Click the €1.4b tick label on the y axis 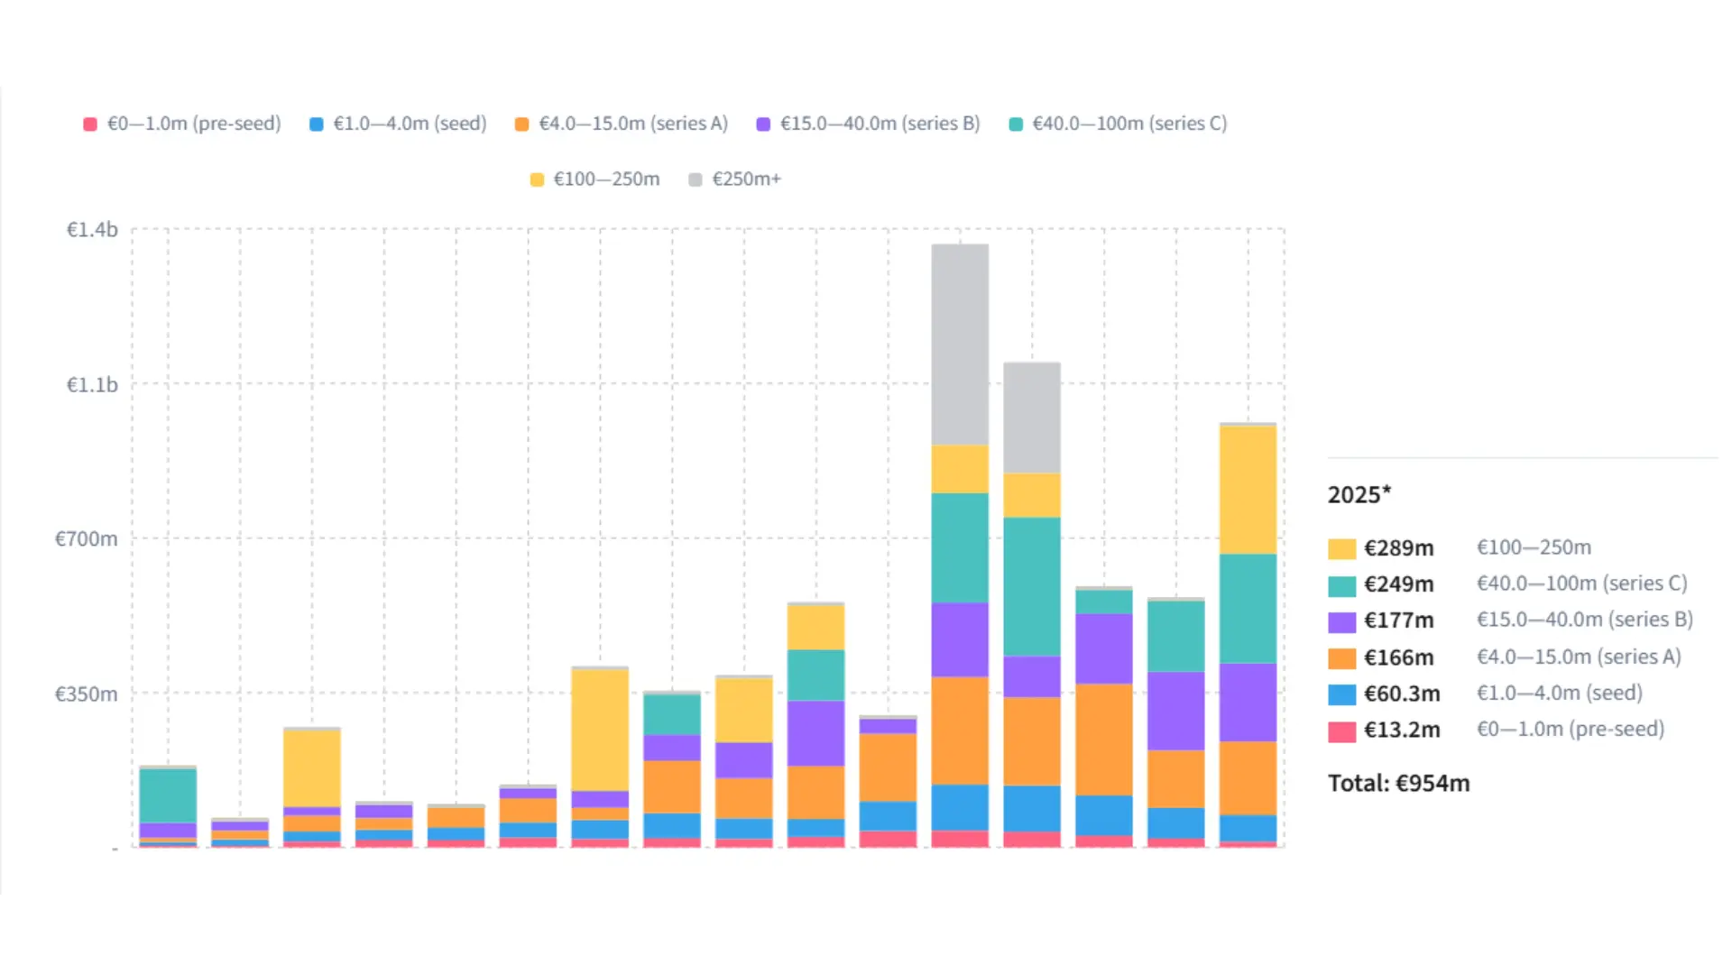(92, 230)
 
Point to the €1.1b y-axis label (92, 385)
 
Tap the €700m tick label (87, 539)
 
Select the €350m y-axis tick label (87, 694)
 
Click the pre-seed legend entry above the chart (182, 124)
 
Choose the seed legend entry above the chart (398, 124)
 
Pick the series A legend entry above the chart (622, 124)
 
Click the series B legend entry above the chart (868, 124)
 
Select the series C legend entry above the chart (1118, 124)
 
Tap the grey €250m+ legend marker (696, 179)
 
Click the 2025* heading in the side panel (1359, 495)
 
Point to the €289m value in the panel (1398, 548)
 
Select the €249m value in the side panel (1398, 584)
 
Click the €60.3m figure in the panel (1402, 694)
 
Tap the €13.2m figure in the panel (1402, 730)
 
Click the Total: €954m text (1398, 784)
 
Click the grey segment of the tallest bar (960, 345)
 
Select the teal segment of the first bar (168, 795)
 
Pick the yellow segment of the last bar (1248, 490)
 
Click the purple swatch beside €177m (1341, 622)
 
